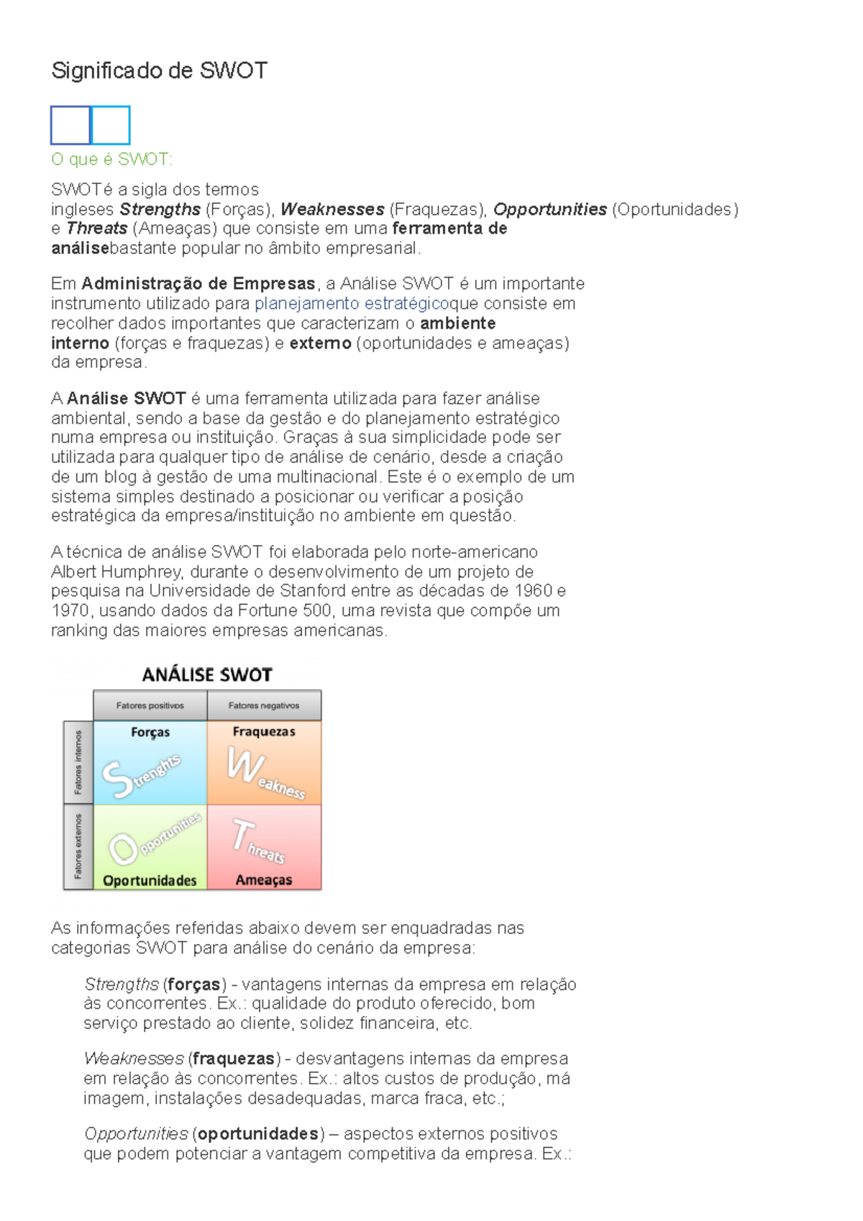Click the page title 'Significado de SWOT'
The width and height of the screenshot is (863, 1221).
tap(159, 70)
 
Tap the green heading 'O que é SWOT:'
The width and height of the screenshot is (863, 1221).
tap(111, 159)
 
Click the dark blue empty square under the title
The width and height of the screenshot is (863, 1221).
tap(70, 125)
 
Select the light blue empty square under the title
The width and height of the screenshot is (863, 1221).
tap(111, 125)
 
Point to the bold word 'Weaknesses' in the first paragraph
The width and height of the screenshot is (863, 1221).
tap(332, 209)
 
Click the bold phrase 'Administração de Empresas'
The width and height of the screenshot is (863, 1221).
tap(198, 283)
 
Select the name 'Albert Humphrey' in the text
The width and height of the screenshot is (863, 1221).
tap(116, 572)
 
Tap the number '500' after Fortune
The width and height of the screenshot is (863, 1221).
tap(317, 610)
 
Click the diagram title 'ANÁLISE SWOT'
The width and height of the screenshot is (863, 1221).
tap(207, 674)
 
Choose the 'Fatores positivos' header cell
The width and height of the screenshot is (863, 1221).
tap(150, 705)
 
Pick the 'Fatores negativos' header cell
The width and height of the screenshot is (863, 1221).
tap(264, 705)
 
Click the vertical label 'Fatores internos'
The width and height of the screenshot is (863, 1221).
tap(78, 762)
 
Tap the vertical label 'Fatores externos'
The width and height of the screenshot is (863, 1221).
tap(78, 846)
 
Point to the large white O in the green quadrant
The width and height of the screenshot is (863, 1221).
tap(123, 849)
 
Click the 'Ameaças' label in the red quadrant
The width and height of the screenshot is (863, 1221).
tap(264, 879)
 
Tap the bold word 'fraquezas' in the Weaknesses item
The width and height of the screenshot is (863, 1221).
tap(234, 1058)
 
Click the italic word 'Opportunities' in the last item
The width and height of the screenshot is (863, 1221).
tap(136, 1134)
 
